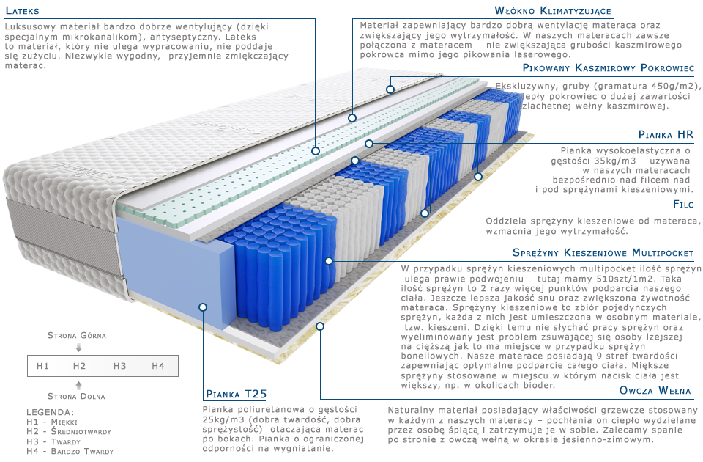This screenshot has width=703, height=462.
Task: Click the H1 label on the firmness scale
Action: coord(42,366)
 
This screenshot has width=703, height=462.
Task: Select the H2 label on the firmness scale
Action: coord(80,366)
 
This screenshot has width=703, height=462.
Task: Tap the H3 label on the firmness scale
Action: coord(120,366)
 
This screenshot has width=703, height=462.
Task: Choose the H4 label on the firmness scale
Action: coord(158,366)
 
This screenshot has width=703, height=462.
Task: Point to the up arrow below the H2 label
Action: coord(79,384)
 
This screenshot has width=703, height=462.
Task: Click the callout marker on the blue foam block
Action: coord(203,307)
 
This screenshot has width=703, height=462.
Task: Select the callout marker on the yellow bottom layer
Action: coord(319,325)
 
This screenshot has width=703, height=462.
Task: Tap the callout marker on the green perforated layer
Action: coord(316,150)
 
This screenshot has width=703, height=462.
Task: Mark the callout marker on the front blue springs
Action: coord(329,260)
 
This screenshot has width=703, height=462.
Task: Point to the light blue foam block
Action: coord(172,264)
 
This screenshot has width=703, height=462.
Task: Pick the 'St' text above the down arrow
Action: coord(53,335)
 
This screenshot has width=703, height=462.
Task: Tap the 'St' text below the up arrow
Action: coord(53,396)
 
